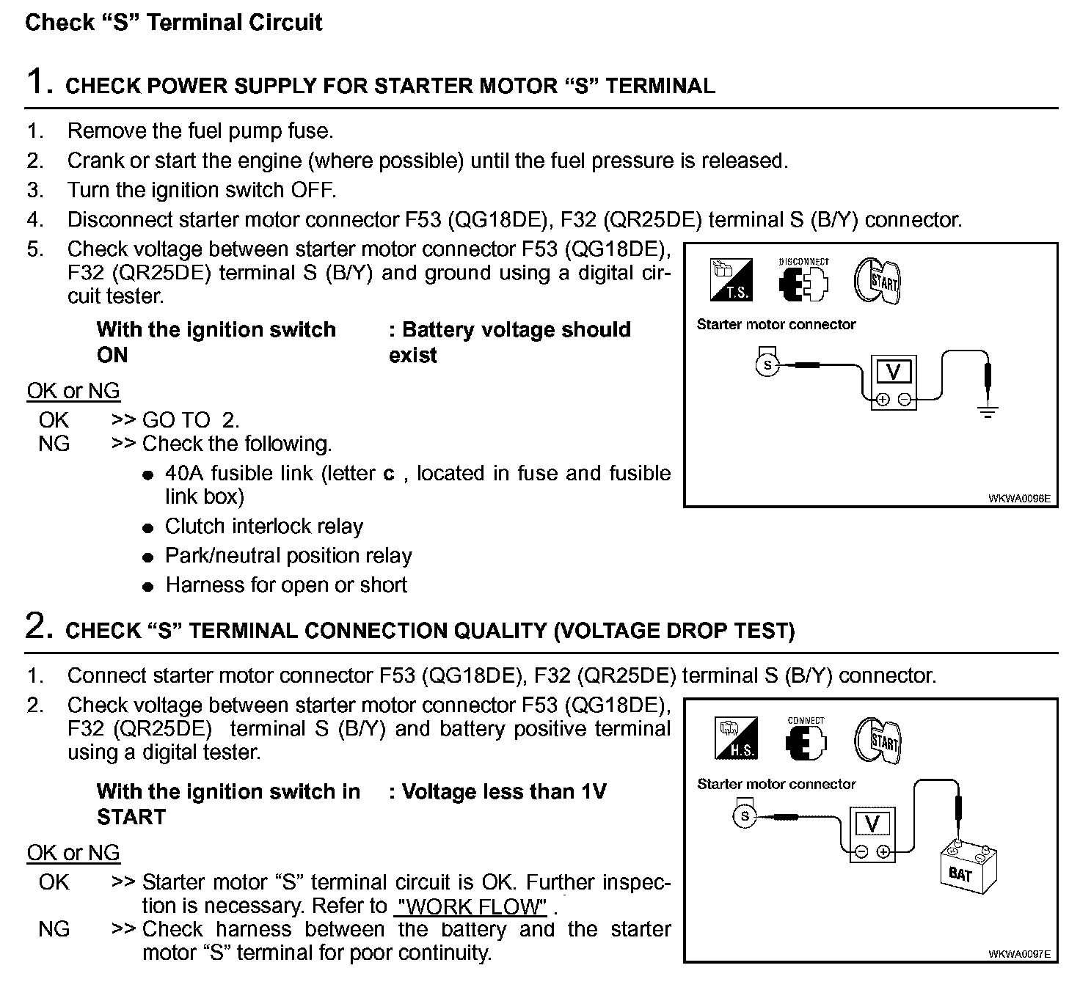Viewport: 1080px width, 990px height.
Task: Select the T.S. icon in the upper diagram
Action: [731, 280]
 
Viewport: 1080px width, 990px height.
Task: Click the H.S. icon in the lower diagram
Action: [735, 738]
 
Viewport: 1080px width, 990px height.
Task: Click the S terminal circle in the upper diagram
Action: [767, 364]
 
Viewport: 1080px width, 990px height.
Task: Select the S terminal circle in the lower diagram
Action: [745, 816]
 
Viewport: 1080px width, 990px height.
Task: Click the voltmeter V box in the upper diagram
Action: [894, 373]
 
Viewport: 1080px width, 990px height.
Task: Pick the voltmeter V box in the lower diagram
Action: [872, 824]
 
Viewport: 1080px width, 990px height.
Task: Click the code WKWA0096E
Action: [1018, 499]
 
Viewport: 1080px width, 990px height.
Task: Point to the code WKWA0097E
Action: [1018, 954]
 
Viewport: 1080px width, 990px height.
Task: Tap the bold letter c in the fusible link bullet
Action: [389, 474]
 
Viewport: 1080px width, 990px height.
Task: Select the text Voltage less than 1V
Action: [504, 791]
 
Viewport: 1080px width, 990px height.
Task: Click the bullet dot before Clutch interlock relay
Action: [149, 527]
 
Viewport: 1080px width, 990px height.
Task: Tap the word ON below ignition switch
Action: [112, 355]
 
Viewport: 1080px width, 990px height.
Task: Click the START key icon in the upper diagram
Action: [877, 281]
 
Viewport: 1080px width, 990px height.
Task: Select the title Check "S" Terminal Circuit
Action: [174, 22]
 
